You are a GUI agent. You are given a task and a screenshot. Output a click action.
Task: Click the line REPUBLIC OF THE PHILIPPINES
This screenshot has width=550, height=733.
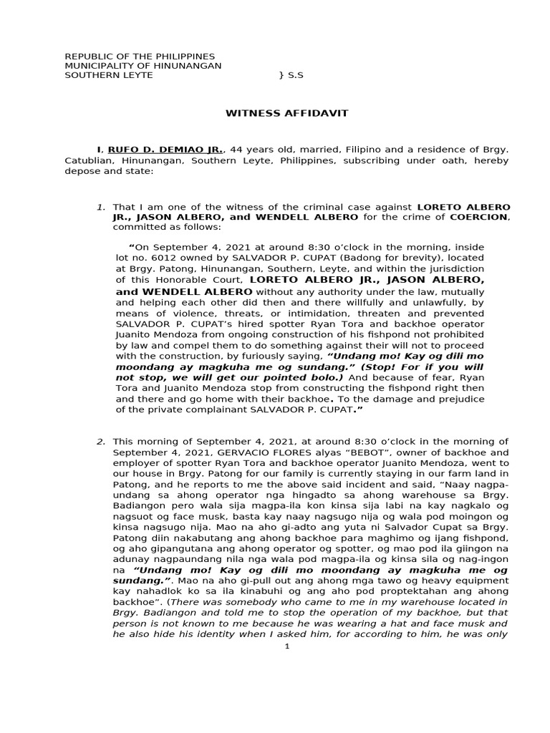pos(140,57)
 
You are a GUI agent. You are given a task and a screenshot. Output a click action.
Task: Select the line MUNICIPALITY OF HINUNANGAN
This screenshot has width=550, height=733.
pos(143,66)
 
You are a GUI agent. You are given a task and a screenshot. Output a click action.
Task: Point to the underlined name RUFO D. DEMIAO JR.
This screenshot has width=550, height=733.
pos(165,150)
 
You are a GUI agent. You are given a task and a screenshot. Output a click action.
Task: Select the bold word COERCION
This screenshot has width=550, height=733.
pos(478,216)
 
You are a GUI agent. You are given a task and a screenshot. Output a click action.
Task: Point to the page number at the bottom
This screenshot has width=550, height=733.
pos(286,646)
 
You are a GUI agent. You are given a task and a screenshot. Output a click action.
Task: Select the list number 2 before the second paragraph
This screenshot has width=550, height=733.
pos(100,441)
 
